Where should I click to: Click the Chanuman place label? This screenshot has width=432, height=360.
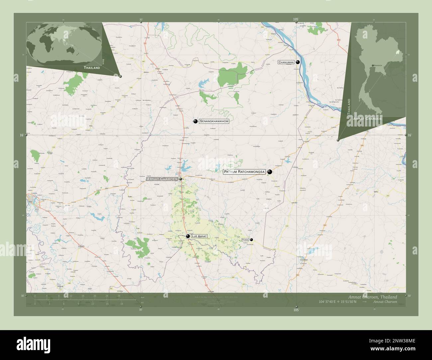(286, 62)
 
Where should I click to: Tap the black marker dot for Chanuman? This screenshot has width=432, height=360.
(298, 62)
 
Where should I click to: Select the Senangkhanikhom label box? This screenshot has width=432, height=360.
(214, 122)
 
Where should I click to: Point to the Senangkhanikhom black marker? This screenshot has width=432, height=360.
(195, 121)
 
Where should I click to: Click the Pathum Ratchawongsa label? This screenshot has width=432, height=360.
(244, 172)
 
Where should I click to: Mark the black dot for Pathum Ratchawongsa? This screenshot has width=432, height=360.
(270, 172)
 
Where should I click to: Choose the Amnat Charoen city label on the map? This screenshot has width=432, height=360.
(162, 179)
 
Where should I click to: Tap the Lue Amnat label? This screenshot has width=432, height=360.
(199, 236)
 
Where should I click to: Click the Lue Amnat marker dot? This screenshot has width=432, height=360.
(188, 236)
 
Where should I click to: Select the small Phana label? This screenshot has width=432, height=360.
(245, 239)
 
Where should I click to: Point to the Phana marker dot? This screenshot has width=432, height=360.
(252, 239)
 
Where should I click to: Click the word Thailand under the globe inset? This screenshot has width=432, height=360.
(92, 68)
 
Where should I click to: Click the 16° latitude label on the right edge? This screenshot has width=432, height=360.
(409, 135)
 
